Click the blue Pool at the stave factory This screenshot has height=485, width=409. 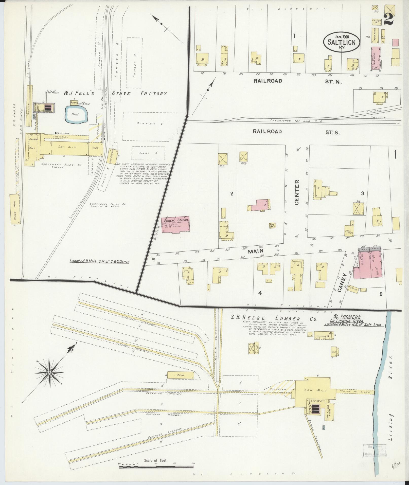(75, 114)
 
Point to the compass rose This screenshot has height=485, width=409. (50, 372)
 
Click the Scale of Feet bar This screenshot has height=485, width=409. (156, 466)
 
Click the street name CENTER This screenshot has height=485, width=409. (297, 192)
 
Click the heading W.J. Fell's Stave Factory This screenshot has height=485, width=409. (115, 94)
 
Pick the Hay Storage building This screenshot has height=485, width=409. (113, 156)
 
